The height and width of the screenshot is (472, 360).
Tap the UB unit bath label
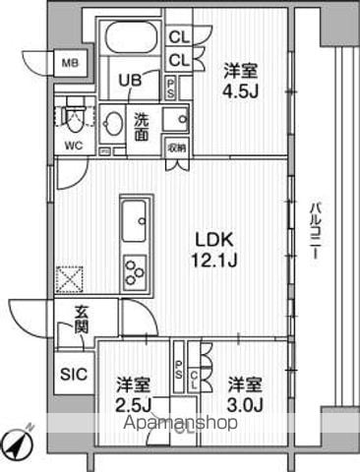click(x=129, y=81)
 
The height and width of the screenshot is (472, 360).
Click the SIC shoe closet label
click(x=73, y=375)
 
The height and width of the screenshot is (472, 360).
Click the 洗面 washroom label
click(x=142, y=127)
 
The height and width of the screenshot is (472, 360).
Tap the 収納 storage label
click(x=176, y=147)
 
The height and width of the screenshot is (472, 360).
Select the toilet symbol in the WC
click(x=71, y=119)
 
